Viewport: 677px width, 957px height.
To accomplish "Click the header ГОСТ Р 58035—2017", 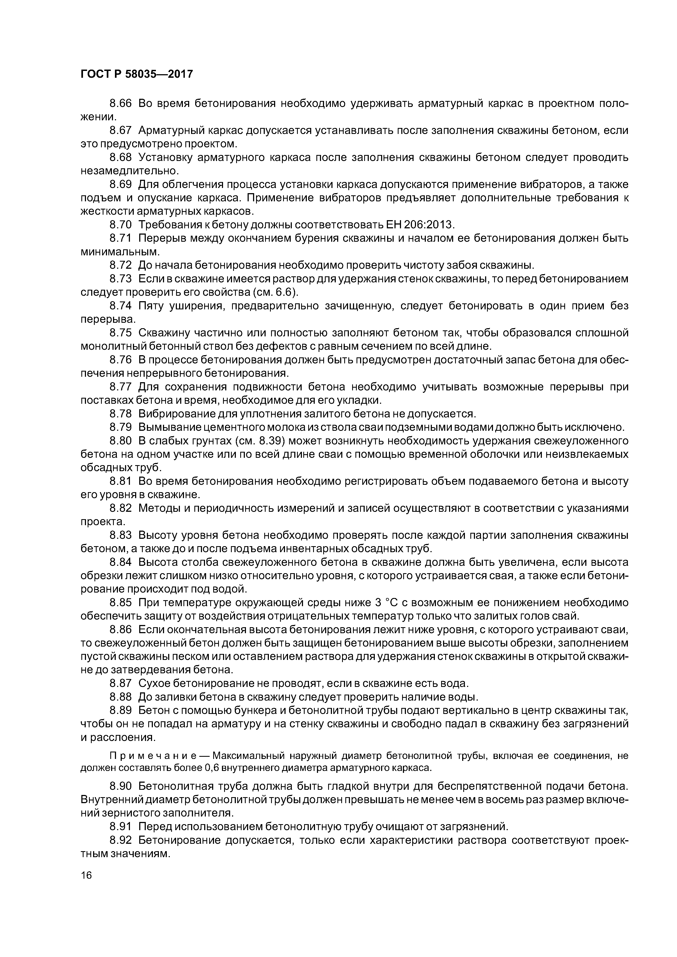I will (x=136, y=74).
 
